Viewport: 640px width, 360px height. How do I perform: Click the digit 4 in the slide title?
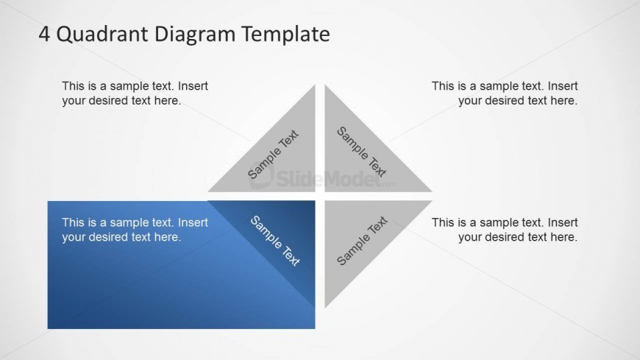[x=44, y=34]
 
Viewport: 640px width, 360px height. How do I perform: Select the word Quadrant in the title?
[x=102, y=35]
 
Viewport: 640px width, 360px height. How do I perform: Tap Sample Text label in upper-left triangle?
[x=273, y=155]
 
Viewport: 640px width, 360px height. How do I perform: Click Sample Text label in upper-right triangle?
[x=361, y=152]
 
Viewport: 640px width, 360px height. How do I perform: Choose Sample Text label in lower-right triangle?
[x=362, y=241]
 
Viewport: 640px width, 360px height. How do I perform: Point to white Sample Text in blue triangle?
[x=275, y=241]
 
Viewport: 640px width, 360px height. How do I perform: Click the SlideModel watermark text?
[x=322, y=177]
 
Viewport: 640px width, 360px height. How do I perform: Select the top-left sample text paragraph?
[x=135, y=93]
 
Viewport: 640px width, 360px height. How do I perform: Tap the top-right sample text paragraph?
[x=505, y=93]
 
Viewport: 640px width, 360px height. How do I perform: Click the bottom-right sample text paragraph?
[x=505, y=230]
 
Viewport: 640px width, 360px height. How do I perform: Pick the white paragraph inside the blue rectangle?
[x=135, y=230]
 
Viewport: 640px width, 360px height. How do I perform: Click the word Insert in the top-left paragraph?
[x=193, y=86]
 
